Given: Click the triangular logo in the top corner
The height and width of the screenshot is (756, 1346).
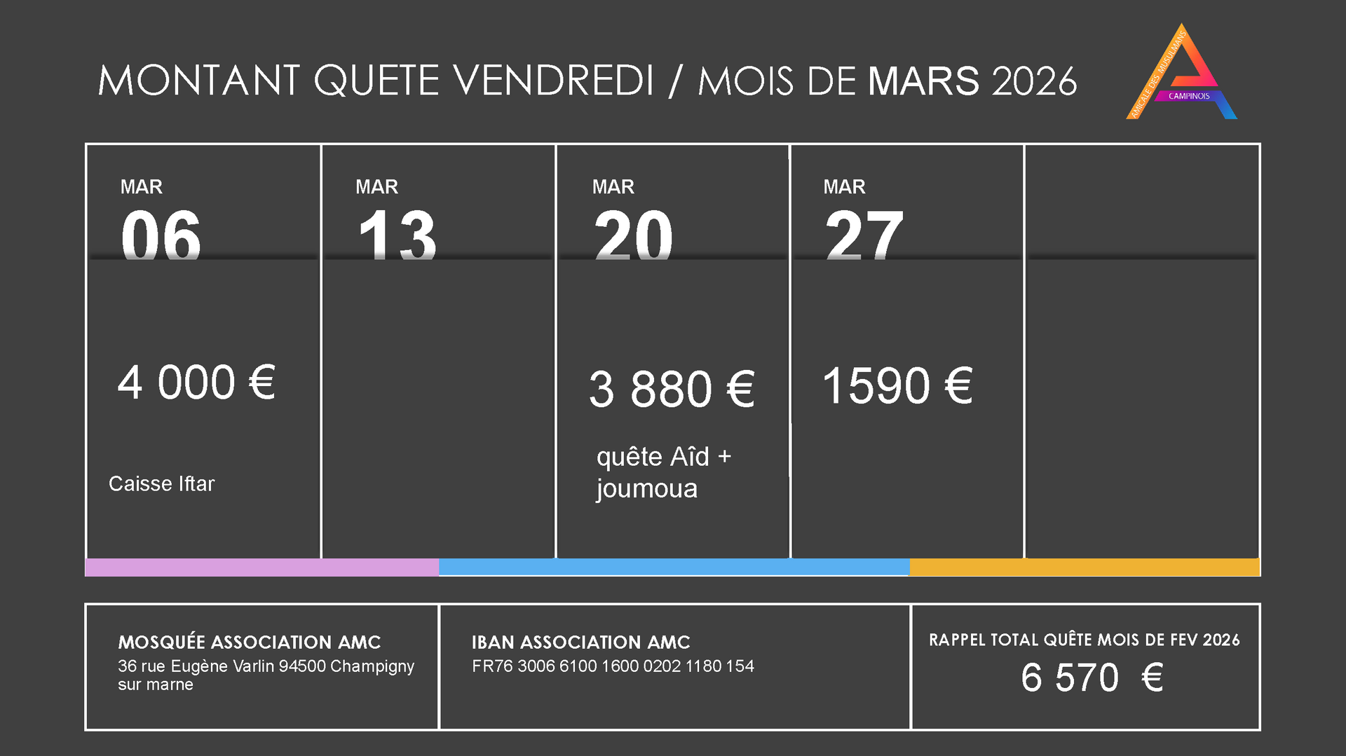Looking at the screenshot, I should click(1182, 74).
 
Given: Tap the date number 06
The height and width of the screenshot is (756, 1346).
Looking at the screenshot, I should click(161, 235).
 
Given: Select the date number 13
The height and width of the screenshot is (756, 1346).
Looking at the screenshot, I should click(397, 235).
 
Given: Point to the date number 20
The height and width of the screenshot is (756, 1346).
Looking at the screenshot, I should click(633, 235).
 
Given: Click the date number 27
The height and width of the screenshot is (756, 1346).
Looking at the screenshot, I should click(864, 235).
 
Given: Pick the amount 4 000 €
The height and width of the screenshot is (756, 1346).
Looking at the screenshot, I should click(196, 383).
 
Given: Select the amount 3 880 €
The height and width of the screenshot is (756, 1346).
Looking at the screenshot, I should click(672, 389).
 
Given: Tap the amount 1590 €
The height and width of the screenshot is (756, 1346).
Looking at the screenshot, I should click(897, 386).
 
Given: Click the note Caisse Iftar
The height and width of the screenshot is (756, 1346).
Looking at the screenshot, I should click(161, 483).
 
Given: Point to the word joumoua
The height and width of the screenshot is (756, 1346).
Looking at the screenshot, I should click(646, 489).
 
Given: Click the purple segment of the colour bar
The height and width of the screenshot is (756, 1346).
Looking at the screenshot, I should click(261, 568).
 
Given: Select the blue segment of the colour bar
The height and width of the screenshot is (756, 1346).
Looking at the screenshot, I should click(674, 568).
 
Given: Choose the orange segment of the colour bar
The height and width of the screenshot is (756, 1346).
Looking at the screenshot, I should click(1085, 568).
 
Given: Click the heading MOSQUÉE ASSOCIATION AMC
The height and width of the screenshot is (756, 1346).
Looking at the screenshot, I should click(249, 642).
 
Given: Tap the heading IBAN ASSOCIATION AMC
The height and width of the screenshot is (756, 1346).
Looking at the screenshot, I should click(580, 642).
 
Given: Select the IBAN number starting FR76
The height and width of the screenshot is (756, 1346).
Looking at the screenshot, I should click(613, 666).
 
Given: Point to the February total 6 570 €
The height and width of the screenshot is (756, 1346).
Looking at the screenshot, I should click(1092, 678).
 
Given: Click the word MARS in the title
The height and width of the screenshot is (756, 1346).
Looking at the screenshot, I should click(923, 81).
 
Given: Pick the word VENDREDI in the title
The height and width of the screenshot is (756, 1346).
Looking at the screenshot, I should click(554, 81).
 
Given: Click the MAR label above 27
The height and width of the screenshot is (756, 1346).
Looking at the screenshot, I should click(844, 187).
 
